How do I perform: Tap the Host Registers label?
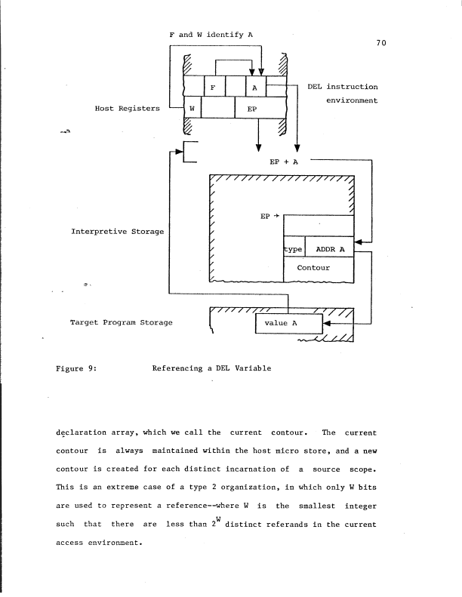tap(127, 109)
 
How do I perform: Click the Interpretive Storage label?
tap(117, 231)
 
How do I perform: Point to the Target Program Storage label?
tap(121, 323)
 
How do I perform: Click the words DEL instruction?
tap(343, 88)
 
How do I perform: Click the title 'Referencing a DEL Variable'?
tap(211, 369)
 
